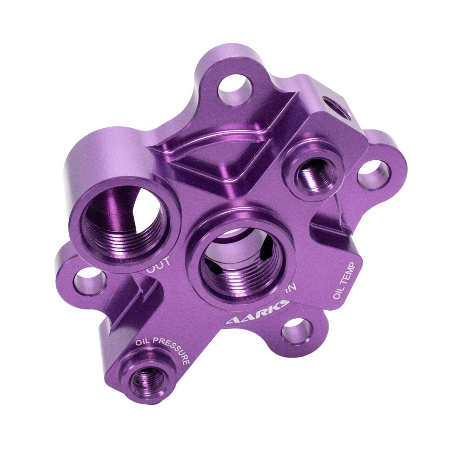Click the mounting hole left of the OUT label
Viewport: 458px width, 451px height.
[x=88, y=281]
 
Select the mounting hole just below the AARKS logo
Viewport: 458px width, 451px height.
[x=296, y=331]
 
